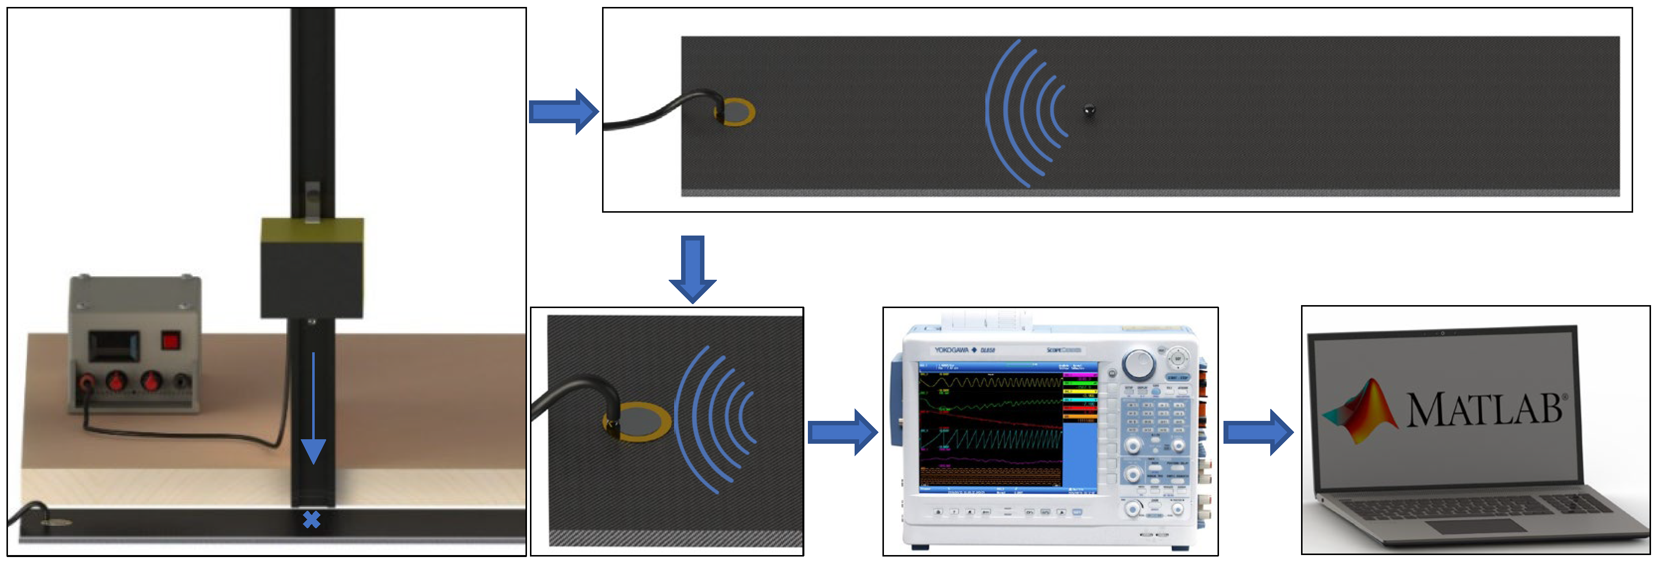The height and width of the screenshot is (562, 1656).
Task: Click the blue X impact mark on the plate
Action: point(311,519)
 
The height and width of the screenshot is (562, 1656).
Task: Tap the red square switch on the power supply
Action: point(170,340)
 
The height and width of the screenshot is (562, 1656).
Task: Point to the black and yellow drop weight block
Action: point(312,268)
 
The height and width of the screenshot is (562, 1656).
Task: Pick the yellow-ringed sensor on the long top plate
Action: point(735,112)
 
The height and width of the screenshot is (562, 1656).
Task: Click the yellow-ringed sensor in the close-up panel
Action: point(636,422)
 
